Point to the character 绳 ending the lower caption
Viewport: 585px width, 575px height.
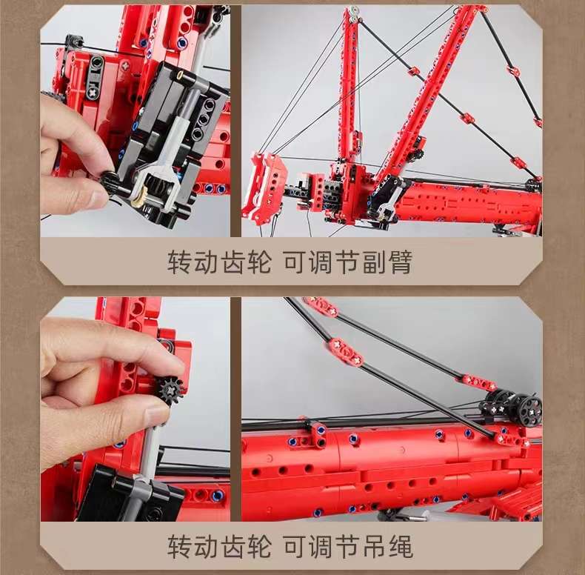point(399,548)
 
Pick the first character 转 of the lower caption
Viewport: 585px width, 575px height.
point(181,548)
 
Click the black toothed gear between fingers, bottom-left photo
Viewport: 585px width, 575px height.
point(170,389)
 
